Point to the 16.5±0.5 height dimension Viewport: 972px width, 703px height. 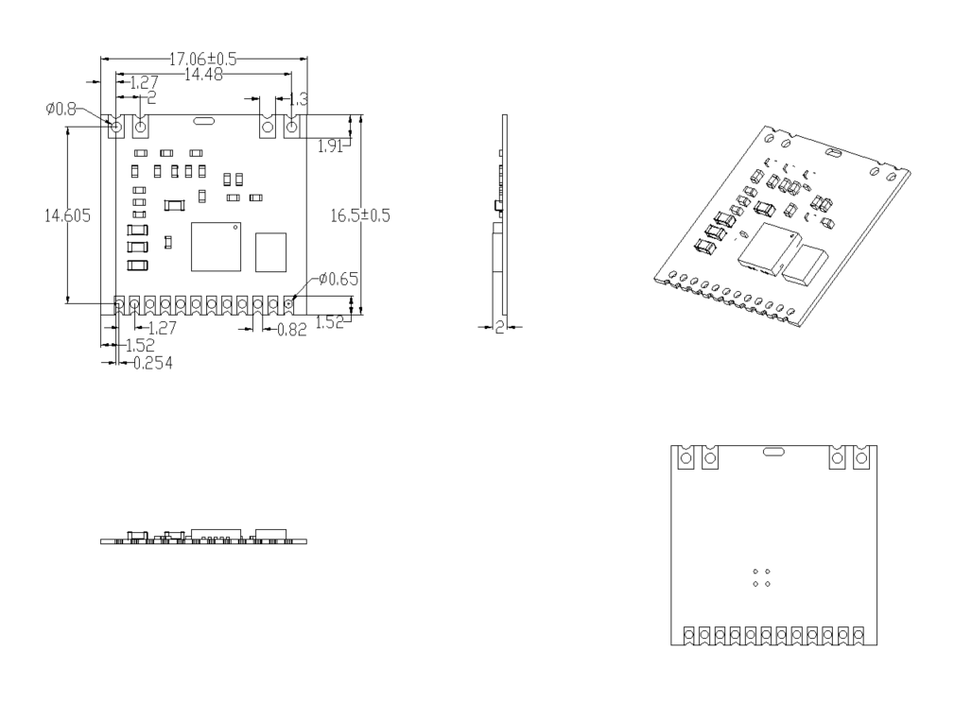360,215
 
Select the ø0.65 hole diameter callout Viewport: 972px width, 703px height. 338,279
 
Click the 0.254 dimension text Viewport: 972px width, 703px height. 152,362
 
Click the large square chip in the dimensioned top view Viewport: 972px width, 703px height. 216,247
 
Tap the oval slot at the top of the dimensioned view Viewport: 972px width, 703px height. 202,122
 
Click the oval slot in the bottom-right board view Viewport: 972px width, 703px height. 772,452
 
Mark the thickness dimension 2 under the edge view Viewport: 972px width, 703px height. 499,327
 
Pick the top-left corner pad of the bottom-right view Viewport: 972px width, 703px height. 687,458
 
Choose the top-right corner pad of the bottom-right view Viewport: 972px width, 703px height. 860,458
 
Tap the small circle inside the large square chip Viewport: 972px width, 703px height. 234,228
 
